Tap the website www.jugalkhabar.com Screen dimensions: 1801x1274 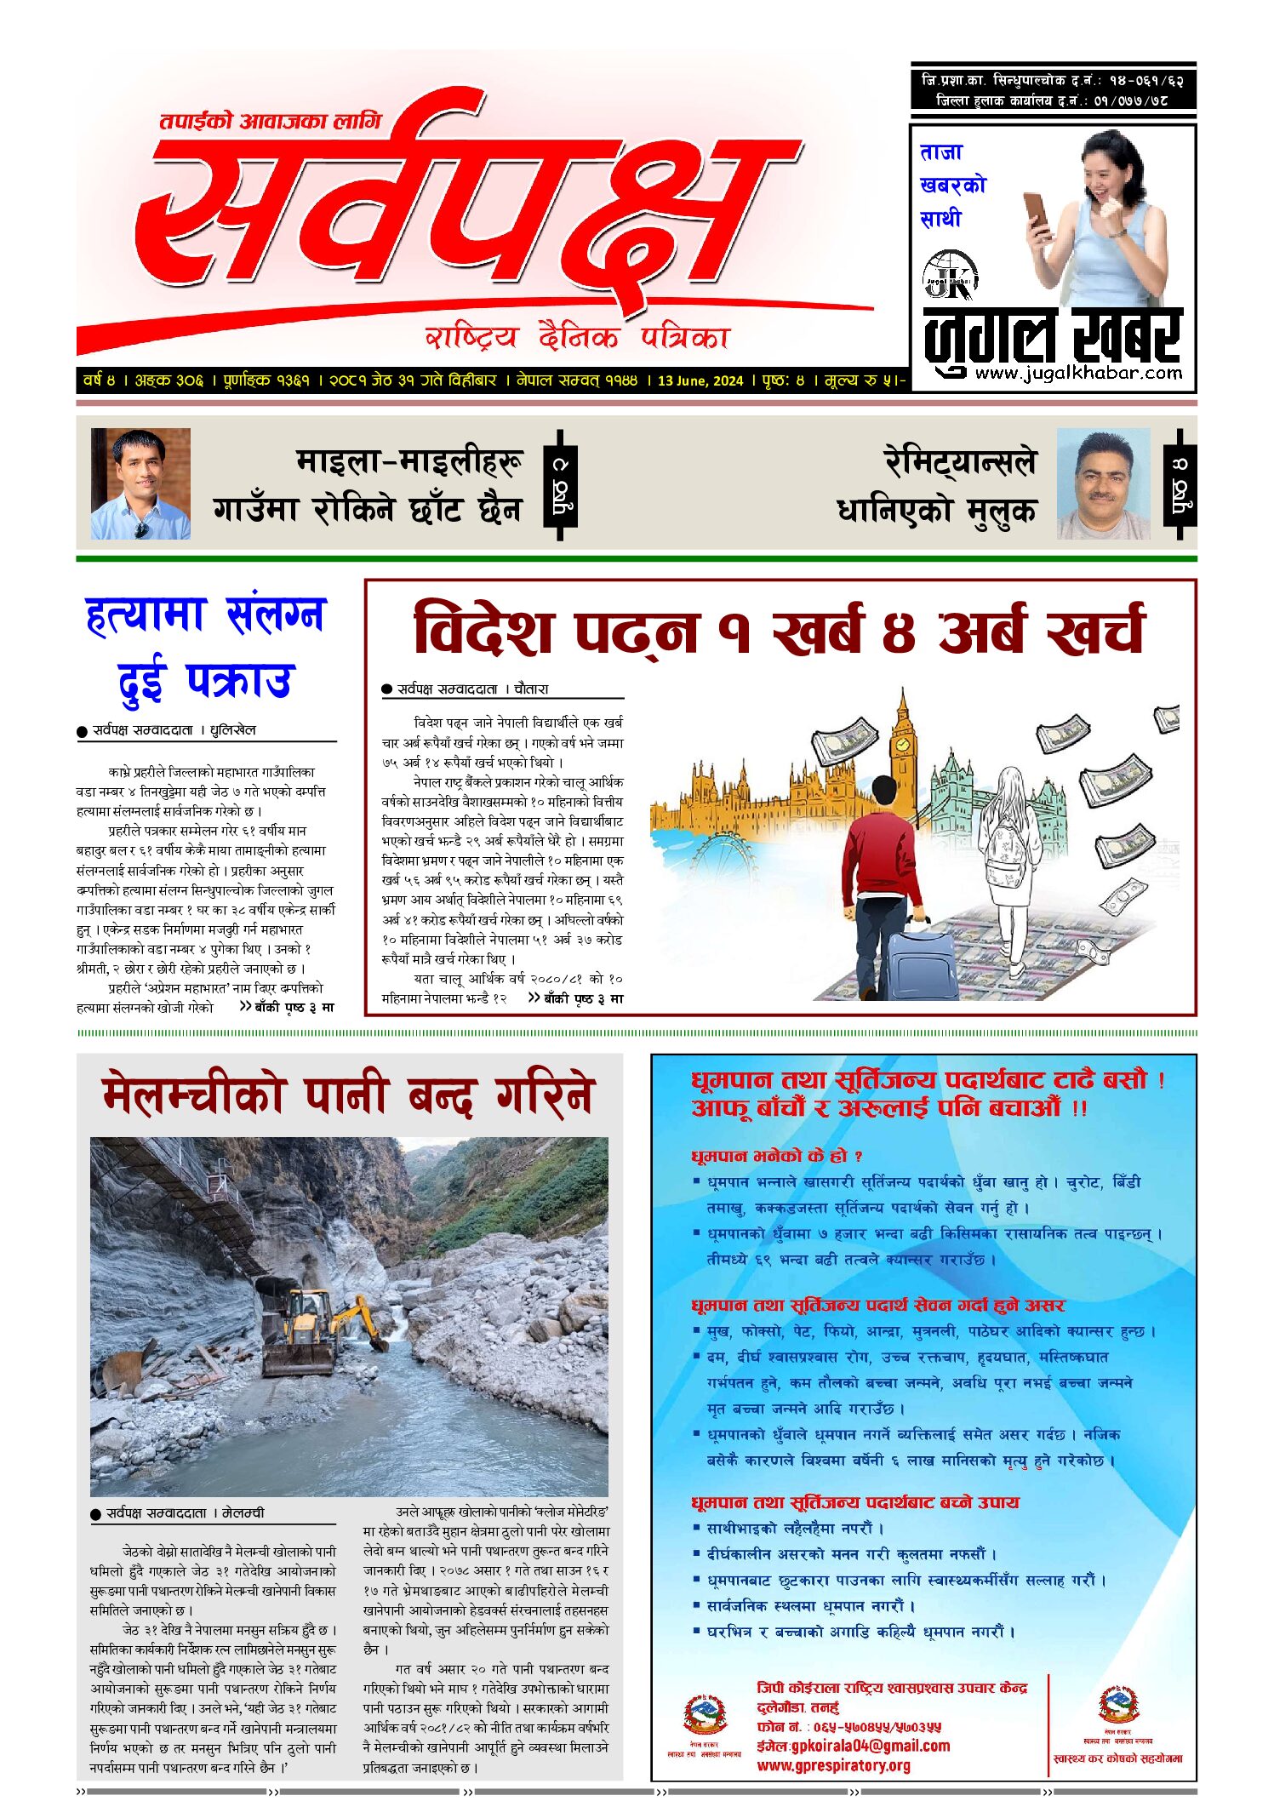pyautogui.click(x=1078, y=373)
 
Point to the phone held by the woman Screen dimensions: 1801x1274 pyautogui.click(x=1036, y=209)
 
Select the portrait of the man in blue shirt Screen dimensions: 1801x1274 pyautogui.click(x=140, y=483)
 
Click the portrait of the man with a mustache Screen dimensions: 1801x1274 pyautogui.click(x=1103, y=483)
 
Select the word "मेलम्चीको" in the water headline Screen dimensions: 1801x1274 pyautogui.click(x=192, y=1095)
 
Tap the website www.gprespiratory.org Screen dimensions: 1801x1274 pyautogui.click(x=833, y=1765)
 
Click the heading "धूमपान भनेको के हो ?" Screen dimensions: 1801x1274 pyautogui.click(x=777, y=1156)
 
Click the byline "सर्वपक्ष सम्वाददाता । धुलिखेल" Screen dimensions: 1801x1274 pyautogui.click(x=174, y=730)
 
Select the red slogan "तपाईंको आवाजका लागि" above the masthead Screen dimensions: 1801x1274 pyautogui.click(x=271, y=122)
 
